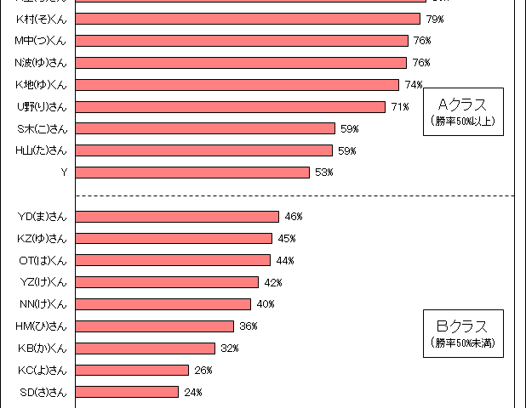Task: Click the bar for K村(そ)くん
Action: [x=248, y=19]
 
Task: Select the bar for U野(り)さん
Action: [x=230, y=106]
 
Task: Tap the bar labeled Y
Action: [x=192, y=173]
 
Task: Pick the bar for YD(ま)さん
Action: [x=177, y=217]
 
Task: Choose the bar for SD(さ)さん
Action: [x=127, y=392]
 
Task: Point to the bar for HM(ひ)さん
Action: [x=154, y=326]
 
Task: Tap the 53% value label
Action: [x=323, y=173]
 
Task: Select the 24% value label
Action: [x=192, y=392]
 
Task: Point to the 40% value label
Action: [x=265, y=303]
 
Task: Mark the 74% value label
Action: [x=414, y=84]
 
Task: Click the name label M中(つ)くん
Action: [x=41, y=40]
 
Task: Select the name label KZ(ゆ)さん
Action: [x=42, y=238]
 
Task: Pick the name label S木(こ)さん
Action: [x=42, y=128]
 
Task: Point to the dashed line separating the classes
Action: [x=298, y=195]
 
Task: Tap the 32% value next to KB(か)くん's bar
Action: [x=229, y=348]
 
